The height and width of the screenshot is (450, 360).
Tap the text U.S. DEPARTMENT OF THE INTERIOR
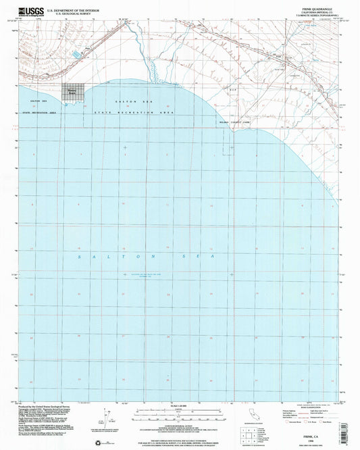74,9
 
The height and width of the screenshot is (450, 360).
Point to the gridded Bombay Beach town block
72,92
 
